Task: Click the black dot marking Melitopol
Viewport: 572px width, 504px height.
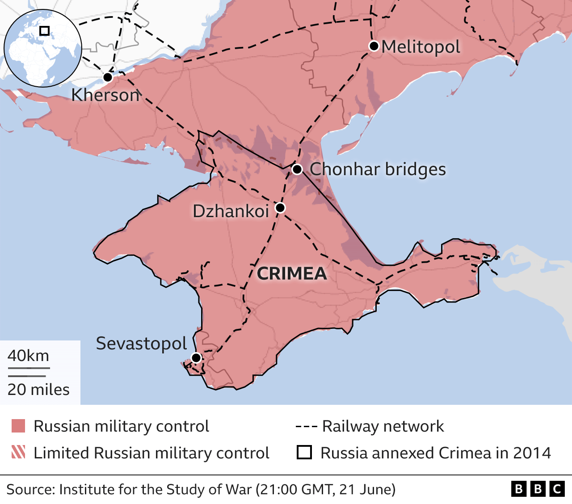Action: point(374,46)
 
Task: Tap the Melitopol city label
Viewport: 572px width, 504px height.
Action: point(421,47)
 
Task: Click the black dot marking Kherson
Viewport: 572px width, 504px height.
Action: point(108,77)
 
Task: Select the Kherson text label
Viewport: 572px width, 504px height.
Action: point(105,95)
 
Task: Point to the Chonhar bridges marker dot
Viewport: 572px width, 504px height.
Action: point(297,169)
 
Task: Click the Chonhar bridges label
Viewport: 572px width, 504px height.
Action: point(378,169)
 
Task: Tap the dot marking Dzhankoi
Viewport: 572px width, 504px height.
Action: point(280,208)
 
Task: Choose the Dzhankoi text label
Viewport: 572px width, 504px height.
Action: point(231,211)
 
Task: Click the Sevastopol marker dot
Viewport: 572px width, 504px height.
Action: point(196,357)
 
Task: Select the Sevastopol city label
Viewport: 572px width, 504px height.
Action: point(141,344)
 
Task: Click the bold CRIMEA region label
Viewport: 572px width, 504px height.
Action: point(292,273)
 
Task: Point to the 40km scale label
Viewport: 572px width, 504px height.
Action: point(28,356)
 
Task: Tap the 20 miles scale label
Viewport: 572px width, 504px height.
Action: point(38,390)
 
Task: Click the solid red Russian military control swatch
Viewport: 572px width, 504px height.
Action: point(18,426)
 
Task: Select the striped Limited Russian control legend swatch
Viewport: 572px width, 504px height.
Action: point(18,452)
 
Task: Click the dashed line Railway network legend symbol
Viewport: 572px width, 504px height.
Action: point(306,427)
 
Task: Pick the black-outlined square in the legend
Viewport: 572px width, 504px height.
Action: point(304,453)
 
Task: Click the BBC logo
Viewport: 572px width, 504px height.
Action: point(538,489)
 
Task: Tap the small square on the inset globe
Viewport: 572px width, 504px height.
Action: point(44,31)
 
